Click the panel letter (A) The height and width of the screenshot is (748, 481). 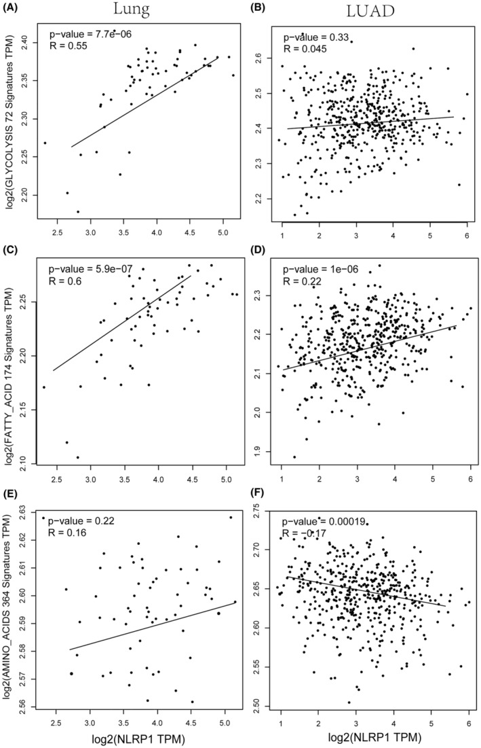pyautogui.click(x=12, y=9)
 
